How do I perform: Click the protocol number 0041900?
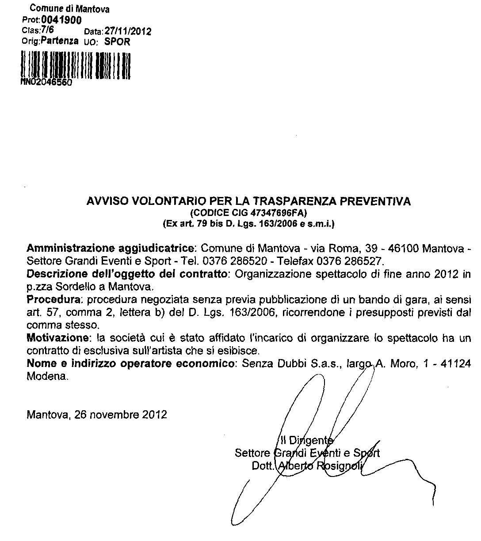pyautogui.click(x=61, y=20)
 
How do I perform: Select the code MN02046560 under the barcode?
pyautogui.click(x=46, y=83)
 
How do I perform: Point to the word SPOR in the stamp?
pyautogui.click(x=117, y=42)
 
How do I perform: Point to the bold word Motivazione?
pyautogui.click(x=56, y=339)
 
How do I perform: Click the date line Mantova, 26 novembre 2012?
pyautogui.click(x=97, y=415)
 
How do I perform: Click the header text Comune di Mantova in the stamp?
pyautogui.click(x=69, y=9)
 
